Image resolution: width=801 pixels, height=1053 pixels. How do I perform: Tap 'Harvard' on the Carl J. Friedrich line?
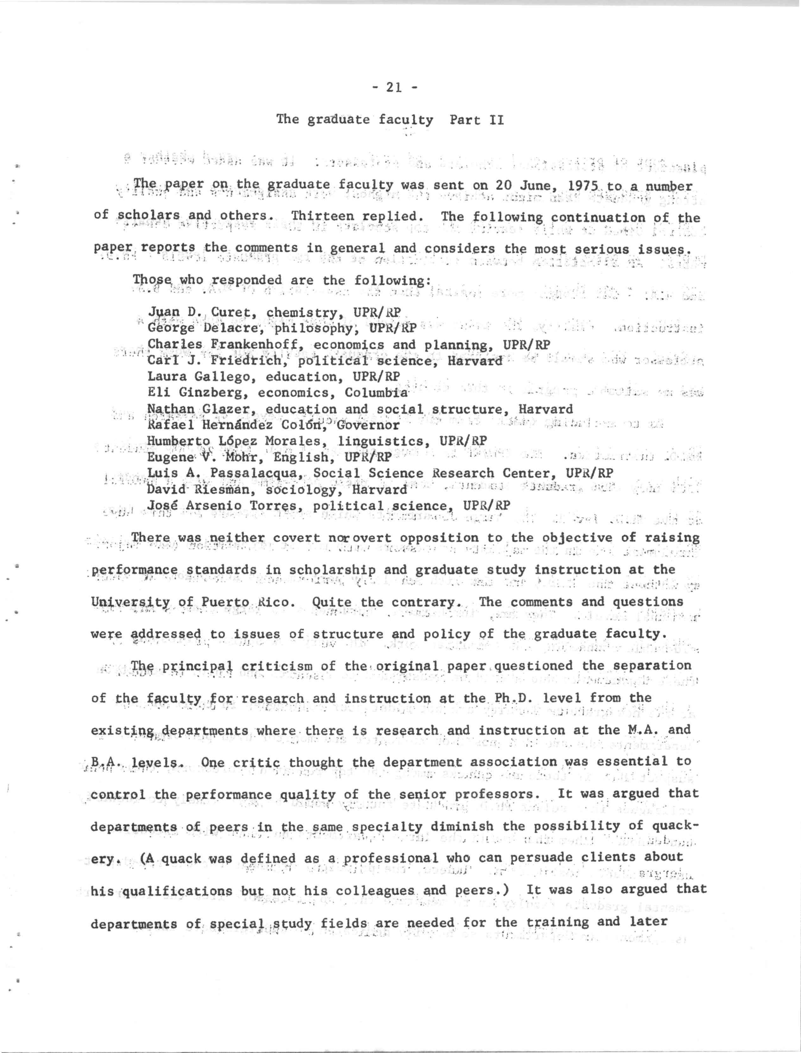point(475,361)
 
